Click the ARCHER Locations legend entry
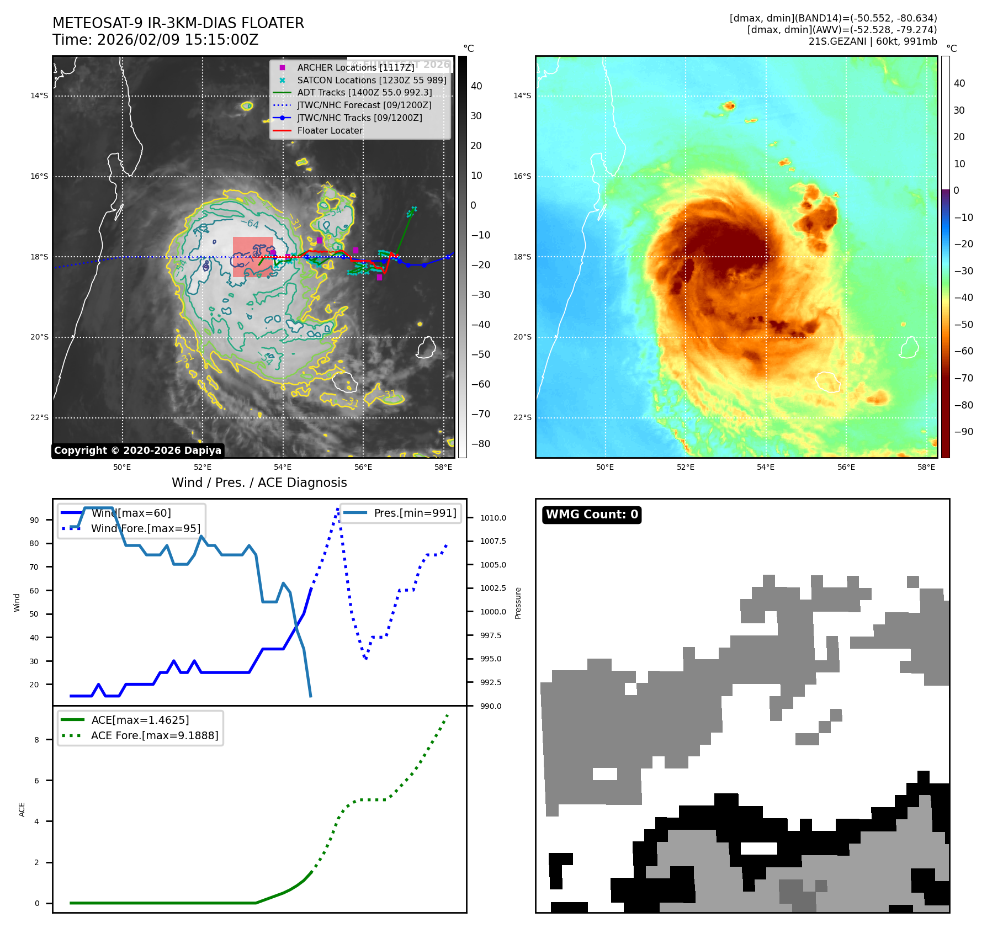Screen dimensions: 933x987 [x=355, y=67]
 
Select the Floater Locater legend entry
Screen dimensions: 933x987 [x=330, y=131]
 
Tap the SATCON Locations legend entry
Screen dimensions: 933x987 [x=371, y=80]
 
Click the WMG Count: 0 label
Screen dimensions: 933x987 [x=591, y=515]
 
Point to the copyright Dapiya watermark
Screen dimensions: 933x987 [x=137, y=450]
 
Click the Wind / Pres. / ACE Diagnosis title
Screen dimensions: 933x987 [x=259, y=483]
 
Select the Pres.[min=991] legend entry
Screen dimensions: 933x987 [x=415, y=513]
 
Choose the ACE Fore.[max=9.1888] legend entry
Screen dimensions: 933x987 [x=154, y=735]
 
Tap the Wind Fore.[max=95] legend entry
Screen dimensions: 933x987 [x=145, y=528]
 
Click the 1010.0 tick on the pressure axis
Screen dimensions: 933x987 [x=492, y=518]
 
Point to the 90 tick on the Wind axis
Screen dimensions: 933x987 [x=35, y=520]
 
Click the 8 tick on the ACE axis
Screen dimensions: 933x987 [x=37, y=740]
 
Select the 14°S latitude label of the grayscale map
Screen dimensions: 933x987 [x=39, y=96]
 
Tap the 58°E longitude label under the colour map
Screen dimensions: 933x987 [x=926, y=467]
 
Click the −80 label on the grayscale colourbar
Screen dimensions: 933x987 [x=480, y=444]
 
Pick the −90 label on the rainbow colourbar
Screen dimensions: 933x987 [x=963, y=432]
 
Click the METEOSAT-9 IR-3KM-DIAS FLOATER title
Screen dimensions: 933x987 [x=178, y=23]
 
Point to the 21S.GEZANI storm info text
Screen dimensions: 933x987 [x=872, y=41]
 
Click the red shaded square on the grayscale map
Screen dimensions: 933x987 [x=253, y=257]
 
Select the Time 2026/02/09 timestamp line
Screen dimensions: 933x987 [x=155, y=40]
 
